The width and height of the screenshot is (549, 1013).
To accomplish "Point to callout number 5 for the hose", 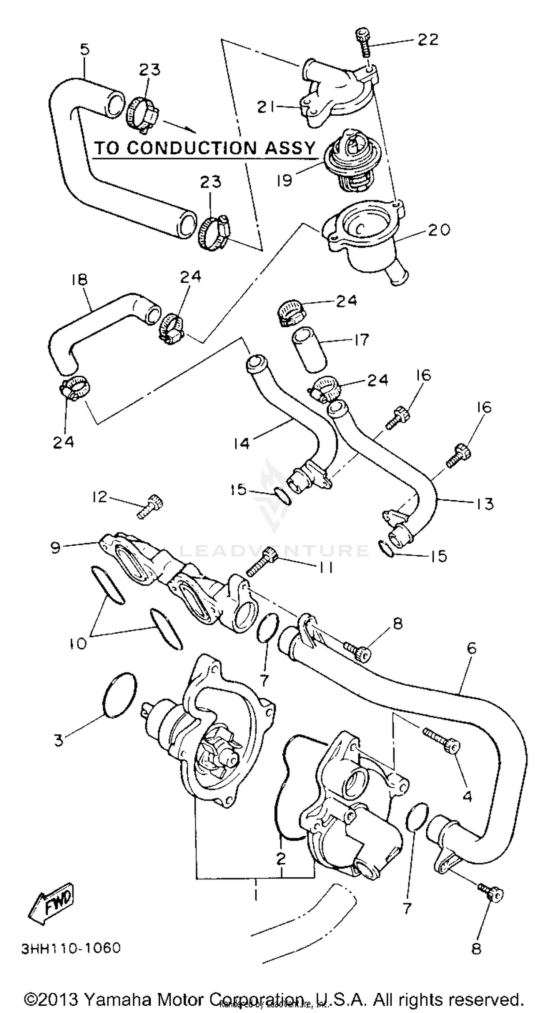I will click(85, 49).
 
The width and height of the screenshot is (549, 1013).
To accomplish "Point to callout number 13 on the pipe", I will click(484, 503).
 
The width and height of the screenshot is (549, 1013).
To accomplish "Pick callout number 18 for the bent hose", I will click(79, 280).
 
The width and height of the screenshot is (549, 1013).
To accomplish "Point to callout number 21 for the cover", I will click(266, 106).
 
